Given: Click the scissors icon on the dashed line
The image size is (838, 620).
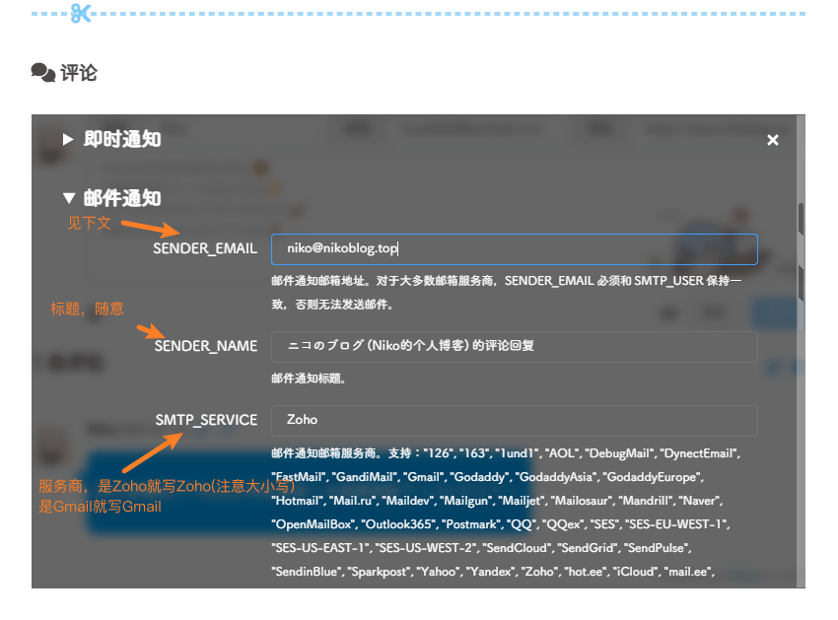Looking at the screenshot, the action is click(81, 13).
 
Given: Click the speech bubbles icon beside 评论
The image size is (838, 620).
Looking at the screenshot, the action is click(42, 73).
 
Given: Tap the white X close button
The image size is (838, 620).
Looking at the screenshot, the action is click(772, 140).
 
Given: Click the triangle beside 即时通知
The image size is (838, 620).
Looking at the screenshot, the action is click(68, 140).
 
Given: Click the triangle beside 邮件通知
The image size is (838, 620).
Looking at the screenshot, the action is click(68, 198).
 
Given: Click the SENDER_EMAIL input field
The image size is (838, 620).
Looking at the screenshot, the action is click(514, 249).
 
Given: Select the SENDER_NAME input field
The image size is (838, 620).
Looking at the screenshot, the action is click(514, 346).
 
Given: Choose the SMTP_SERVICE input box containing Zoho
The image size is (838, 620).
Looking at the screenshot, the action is click(514, 421).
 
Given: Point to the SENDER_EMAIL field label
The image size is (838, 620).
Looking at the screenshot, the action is click(205, 248).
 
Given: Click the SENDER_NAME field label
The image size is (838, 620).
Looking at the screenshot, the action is click(206, 346).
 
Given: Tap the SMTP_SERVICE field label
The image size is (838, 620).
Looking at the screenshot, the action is click(206, 420).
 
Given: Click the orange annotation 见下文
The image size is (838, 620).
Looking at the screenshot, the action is click(90, 223).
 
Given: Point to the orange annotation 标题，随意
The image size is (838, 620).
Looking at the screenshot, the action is click(87, 309).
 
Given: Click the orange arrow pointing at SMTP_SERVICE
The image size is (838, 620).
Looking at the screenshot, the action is click(153, 452).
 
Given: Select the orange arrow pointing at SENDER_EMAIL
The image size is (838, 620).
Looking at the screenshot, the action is click(150, 229).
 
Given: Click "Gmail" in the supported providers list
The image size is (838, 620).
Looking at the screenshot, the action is click(423, 477).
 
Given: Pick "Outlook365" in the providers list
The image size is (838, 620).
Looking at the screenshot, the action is click(398, 524).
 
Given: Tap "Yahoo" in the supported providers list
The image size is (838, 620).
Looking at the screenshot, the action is click(439, 572).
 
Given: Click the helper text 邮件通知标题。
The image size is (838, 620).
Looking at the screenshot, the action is click(309, 379).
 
